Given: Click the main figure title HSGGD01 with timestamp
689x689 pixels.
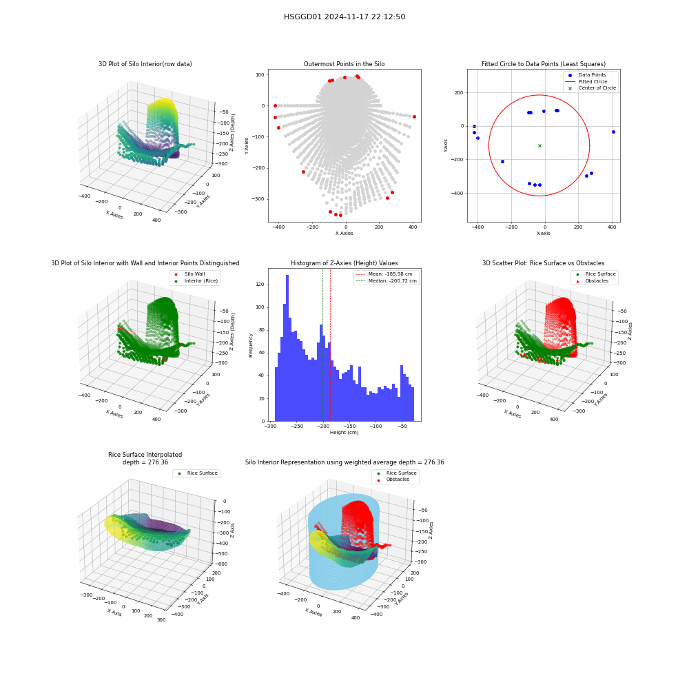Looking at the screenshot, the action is coord(344,17).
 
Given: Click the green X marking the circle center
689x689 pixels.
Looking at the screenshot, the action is coord(539,145).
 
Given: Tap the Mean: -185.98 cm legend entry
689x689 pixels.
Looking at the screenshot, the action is coord(384,274).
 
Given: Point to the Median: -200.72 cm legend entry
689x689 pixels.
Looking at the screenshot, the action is coord(386,281).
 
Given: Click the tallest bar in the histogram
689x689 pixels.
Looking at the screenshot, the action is coord(287,348).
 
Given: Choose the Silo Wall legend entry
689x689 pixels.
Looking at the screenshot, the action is coord(189,274).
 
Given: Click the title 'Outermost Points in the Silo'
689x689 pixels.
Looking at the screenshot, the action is coord(344,64).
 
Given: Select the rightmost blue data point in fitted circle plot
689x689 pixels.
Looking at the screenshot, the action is coord(613,132).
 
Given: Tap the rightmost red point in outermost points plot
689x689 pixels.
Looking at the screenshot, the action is coord(414,117).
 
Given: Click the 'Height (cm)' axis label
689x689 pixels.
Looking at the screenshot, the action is coord(344,433).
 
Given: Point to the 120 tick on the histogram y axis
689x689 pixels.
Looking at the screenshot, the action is coord(260,285).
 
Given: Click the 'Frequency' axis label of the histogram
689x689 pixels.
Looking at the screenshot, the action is coord(251,345).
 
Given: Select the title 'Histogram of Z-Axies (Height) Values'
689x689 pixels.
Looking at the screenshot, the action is coord(344,263).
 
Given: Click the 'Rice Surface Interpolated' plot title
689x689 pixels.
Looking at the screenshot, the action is coord(145,455).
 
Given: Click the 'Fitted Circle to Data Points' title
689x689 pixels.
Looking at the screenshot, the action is coord(544,64).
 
